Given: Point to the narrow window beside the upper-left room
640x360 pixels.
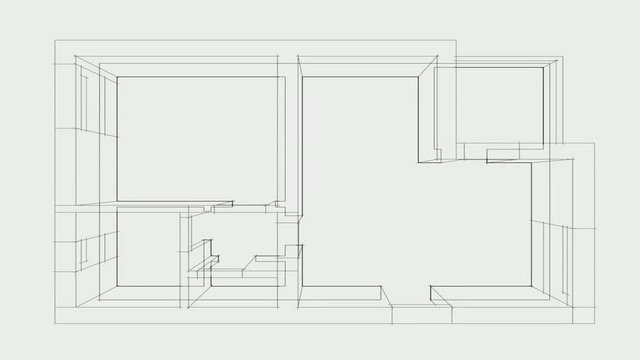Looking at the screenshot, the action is click(87, 105).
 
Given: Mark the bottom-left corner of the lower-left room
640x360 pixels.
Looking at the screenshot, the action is click(117, 286).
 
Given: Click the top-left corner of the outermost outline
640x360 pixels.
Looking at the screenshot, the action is click(53, 41).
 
